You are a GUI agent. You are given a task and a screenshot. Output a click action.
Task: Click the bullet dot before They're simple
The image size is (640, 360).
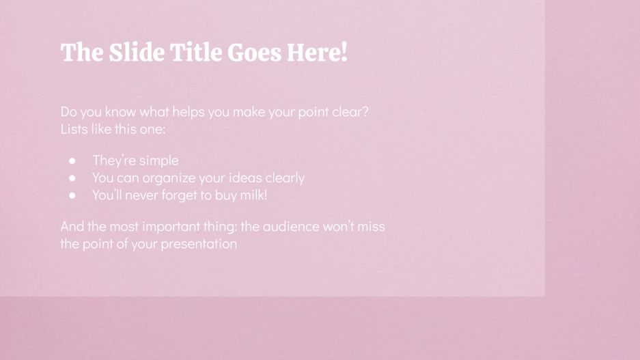coord(72,161)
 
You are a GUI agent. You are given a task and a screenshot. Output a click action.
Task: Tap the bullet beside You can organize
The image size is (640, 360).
coord(72,178)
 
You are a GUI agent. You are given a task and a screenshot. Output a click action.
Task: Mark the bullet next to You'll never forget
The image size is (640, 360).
coord(72,195)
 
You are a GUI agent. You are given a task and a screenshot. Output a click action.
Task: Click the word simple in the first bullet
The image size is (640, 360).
coord(158,161)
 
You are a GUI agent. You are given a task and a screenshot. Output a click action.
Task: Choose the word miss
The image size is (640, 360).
coord(380,226)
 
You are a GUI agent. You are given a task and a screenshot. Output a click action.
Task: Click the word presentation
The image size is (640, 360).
coord(199,244)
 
